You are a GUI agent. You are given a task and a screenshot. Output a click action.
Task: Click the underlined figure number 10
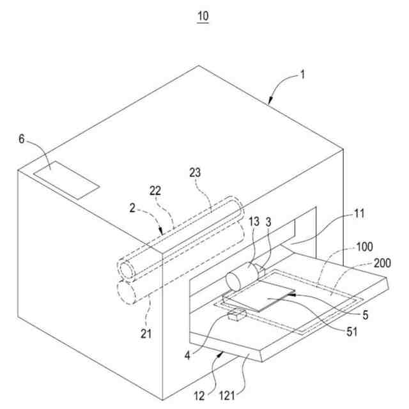click(203, 15)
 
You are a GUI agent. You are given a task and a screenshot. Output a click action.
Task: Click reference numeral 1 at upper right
click(303, 74)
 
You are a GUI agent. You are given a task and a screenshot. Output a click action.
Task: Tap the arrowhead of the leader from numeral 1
click(272, 102)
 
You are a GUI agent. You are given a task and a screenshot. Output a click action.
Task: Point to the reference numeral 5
click(366, 314)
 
